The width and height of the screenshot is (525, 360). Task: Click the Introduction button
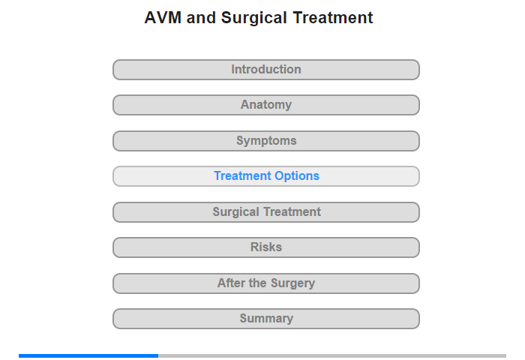click(x=266, y=70)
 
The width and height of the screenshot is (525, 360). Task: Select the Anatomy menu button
click(x=266, y=105)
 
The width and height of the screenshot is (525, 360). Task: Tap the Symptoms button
click(x=266, y=141)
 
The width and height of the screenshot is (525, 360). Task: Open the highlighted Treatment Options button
click(x=266, y=176)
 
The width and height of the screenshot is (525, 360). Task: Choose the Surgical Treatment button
click(x=266, y=212)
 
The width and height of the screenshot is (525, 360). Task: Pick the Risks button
click(x=266, y=247)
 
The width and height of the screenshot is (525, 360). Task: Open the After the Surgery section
click(x=266, y=283)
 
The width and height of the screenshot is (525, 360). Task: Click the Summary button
click(x=266, y=319)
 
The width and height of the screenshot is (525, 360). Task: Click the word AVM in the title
click(x=163, y=18)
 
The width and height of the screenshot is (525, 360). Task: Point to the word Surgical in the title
click(x=253, y=19)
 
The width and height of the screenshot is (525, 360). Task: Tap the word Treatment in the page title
click(x=333, y=18)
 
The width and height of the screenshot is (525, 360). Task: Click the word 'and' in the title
click(x=201, y=18)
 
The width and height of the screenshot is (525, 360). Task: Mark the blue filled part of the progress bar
click(x=88, y=355)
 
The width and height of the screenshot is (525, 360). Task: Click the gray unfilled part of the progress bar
click(x=332, y=355)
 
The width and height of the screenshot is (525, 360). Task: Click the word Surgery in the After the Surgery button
click(x=292, y=283)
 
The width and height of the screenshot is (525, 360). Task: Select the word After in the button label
click(x=231, y=283)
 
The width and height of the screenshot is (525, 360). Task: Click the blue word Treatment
click(x=243, y=175)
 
